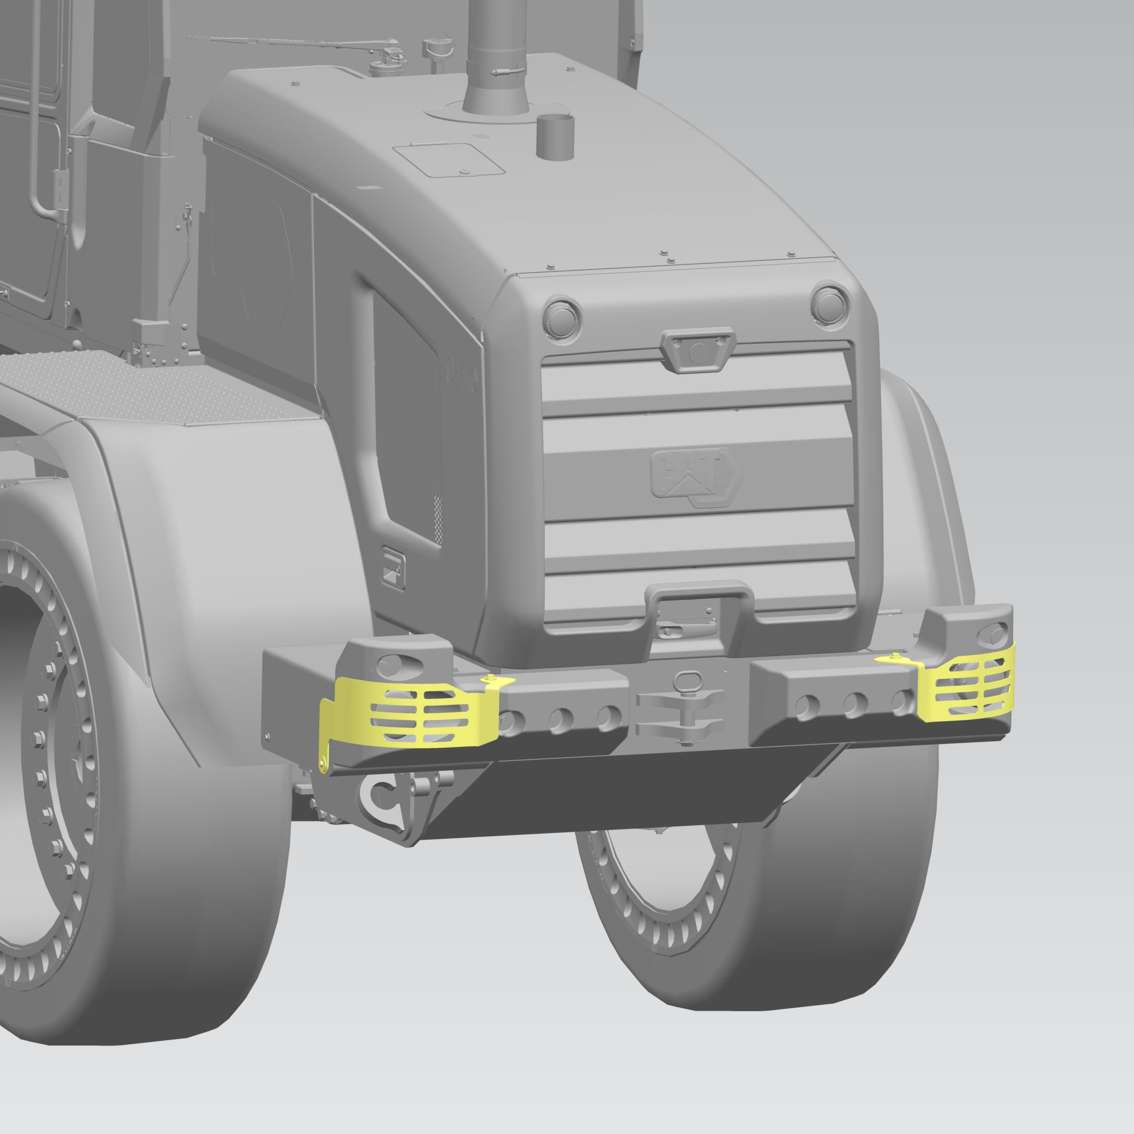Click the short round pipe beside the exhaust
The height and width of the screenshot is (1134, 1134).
pyautogui.click(x=555, y=137)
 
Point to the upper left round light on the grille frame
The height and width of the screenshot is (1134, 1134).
pyautogui.click(x=562, y=317)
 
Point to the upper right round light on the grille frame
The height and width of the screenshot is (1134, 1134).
pyautogui.click(x=830, y=303)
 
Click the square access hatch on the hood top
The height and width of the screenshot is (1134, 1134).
pyautogui.click(x=449, y=160)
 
